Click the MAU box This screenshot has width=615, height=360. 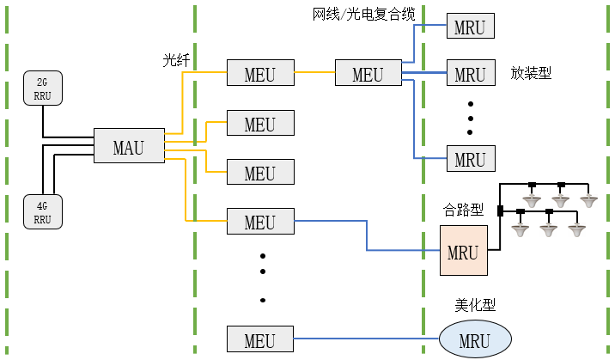click(130, 147)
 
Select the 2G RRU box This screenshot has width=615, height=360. click(42, 88)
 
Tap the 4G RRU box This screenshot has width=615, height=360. click(42, 211)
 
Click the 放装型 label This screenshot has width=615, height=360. click(530, 73)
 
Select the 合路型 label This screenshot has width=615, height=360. click(463, 210)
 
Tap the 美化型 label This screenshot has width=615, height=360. click(474, 304)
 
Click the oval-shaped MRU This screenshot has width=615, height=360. click(474, 339)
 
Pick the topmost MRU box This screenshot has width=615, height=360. click(470, 26)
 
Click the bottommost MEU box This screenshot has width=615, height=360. click(259, 339)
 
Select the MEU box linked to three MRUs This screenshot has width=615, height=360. click(368, 73)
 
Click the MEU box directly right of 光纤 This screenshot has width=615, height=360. click(259, 73)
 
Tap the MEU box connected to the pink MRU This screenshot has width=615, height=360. click(259, 222)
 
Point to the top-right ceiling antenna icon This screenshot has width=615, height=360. click(588, 200)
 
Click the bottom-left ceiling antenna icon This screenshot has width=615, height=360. click(520, 229)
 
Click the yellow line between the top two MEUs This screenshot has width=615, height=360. click(314, 72)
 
